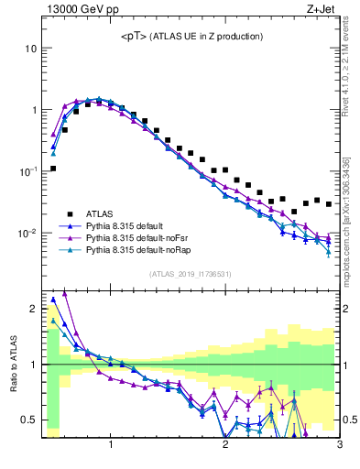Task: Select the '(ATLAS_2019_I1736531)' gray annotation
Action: tap(191, 274)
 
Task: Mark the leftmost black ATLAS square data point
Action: tap(53, 169)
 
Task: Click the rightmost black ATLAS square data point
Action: tap(329, 204)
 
